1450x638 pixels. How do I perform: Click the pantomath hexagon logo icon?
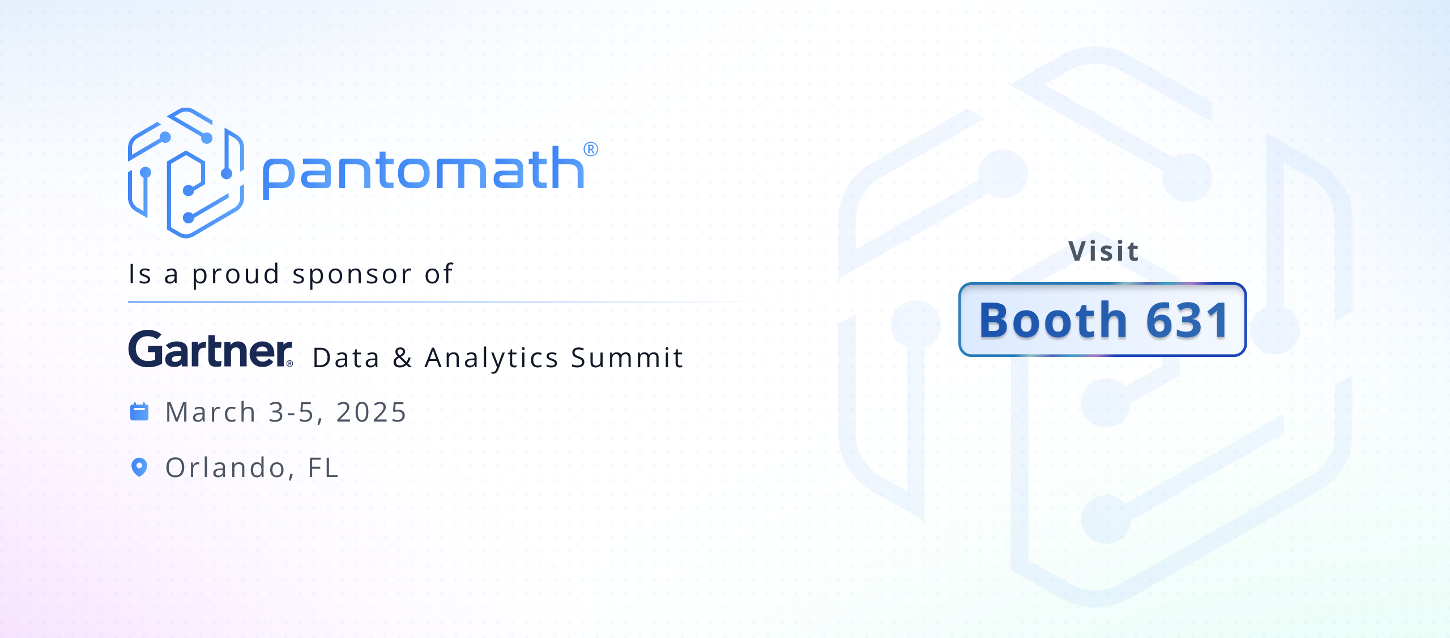[x=186, y=173]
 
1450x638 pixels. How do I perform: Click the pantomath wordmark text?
[x=423, y=170]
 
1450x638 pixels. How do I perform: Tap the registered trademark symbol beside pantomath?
[x=590, y=149]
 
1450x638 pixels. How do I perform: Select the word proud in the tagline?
[x=236, y=275]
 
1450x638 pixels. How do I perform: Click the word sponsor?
[x=352, y=275]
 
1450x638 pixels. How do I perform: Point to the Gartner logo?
[x=210, y=350]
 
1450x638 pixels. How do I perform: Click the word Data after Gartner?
[x=346, y=358]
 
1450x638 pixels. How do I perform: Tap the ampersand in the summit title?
[x=402, y=358]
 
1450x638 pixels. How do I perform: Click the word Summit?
[x=627, y=358]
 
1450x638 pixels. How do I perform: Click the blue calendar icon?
[x=139, y=412]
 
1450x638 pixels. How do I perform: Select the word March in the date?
[x=211, y=412]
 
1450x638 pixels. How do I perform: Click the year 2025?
[x=371, y=412]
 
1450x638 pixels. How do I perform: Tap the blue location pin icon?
[x=139, y=467]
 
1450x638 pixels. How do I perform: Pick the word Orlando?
[x=225, y=467]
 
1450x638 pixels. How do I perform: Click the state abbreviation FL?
[x=323, y=467]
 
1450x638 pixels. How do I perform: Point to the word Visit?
[x=1103, y=251]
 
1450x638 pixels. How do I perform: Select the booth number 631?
[x=1187, y=320]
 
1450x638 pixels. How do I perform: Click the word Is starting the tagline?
[x=140, y=275]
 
